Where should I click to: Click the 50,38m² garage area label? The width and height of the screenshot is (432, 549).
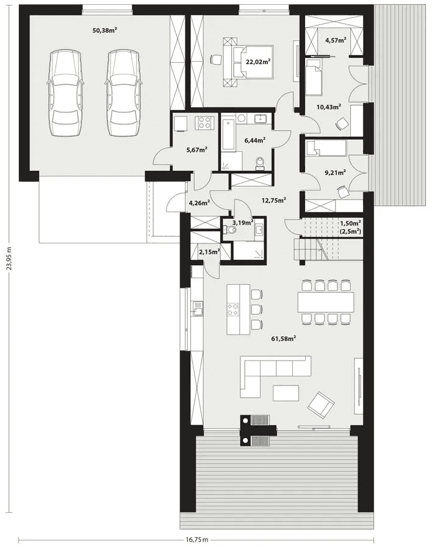(104, 30)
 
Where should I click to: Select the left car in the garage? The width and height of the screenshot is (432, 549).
(65, 93)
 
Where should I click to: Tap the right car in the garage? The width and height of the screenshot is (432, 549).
(123, 93)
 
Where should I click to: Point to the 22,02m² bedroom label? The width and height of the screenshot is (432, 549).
(258, 62)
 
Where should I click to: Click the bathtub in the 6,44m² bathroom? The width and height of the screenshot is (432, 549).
(228, 135)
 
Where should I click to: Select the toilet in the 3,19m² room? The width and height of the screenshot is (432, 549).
(230, 230)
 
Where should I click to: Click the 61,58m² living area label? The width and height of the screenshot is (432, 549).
(284, 339)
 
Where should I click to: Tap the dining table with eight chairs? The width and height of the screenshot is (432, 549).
(325, 302)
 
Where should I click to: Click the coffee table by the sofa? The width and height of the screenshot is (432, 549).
(286, 393)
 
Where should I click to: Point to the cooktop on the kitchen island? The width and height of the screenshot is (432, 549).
(234, 309)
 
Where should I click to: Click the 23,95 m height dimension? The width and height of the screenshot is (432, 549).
(10, 259)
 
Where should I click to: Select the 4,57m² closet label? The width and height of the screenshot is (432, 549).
(336, 40)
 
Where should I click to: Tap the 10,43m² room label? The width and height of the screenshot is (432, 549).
(329, 107)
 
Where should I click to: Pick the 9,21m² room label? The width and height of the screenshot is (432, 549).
(335, 172)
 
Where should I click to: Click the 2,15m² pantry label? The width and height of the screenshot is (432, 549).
(209, 251)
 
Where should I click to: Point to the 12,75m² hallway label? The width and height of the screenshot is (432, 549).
(273, 200)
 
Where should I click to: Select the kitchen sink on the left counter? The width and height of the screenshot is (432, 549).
(196, 309)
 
